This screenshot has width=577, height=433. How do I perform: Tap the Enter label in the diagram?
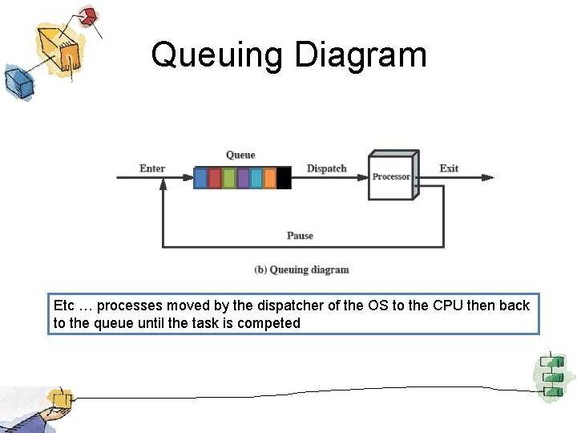coord(152,168)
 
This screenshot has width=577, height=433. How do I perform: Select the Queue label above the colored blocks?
coord(240,155)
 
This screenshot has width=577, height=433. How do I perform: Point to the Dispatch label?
coord(327,168)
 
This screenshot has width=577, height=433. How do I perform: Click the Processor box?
coord(391,176)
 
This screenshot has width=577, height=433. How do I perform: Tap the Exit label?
coord(449,168)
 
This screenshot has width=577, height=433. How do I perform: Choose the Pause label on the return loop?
coord(300,236)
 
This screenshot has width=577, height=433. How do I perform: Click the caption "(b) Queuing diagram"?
coord(301,269)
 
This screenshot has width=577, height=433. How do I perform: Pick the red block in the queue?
coord(215,178)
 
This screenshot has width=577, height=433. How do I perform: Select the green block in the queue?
coord(228,178)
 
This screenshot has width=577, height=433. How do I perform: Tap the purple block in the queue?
coord(243,178)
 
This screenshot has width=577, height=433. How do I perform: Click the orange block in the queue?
coord(270,178)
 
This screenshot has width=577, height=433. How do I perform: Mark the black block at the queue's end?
coord(284,178)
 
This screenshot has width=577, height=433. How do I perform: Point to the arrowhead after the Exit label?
coord(489,177)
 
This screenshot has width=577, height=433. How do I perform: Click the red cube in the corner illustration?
coord(88,16)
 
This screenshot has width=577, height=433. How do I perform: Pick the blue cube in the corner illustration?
coord(15,81)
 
